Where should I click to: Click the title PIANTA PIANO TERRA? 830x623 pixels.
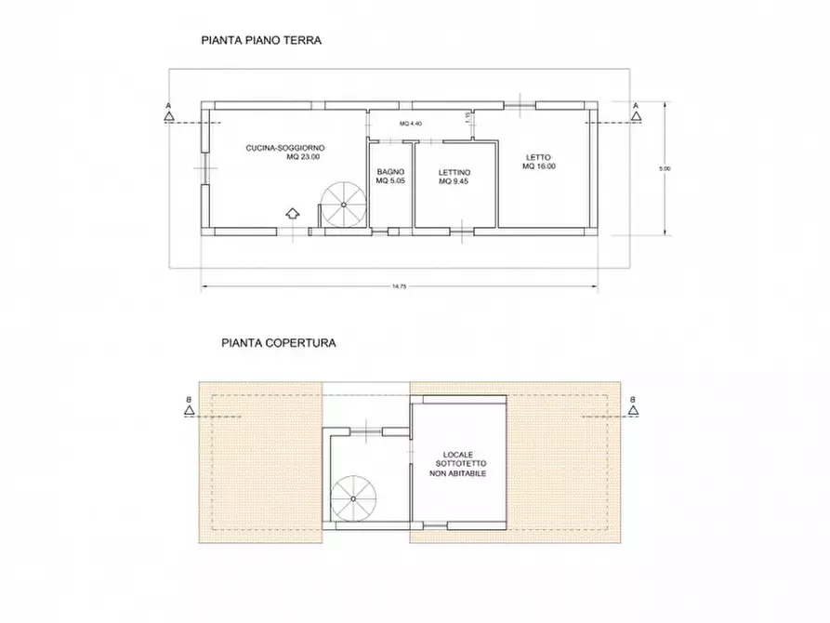pyautogui.click(x=261, y=41)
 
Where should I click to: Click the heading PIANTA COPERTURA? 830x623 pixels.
pyautogui.click(x=279, y=342)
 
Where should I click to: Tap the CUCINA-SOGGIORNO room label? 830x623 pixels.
pyautogui.click(x=284, y=148)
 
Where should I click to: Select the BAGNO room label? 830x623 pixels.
pyautogui.click(x=389, y=172)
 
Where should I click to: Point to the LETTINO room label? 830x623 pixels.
pyautogui.click(x=455, y=172)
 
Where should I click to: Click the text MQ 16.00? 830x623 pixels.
pyautogui.click(x=538, y=166)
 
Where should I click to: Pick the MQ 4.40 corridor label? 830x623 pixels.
pyautogui.click(x=411, y=124)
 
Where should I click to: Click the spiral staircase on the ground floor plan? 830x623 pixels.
pyautogui.click(x=343, y=205)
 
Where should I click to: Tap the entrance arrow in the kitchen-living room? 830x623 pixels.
pyautogui.click(x=291, y=213)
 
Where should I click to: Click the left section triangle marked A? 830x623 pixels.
pyautogui.click(x=167, y=116)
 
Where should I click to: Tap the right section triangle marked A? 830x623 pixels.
pyautogui.click(x=636, y=116)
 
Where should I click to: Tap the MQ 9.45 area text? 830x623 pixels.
pyautogui.click(x=455, y=182)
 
